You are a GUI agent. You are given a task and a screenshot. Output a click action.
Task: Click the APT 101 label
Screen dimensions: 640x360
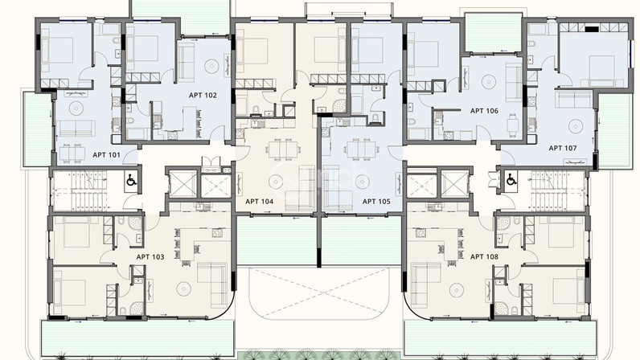pos(106,155)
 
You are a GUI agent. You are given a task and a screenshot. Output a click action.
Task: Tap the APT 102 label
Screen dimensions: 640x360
pos(203,95)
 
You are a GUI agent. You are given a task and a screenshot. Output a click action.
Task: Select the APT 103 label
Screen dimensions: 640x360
pos(150,256)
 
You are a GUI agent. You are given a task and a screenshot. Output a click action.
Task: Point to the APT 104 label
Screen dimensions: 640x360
pos(259,201)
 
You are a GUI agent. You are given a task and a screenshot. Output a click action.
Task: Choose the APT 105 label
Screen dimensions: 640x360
pos(376,201)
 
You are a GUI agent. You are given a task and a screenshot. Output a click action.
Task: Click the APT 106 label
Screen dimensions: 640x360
pos(484,111)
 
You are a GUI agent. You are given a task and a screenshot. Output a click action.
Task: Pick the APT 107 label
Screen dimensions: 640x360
pos(563,148)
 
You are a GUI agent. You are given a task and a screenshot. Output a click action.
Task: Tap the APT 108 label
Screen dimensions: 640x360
pos(484,256)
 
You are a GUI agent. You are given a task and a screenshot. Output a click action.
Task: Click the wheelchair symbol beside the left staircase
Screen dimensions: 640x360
pos(131,180)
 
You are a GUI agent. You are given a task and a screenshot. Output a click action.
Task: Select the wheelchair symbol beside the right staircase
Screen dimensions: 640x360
pos(511,178)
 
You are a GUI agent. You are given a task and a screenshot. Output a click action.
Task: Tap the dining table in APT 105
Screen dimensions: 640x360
pos(359,149)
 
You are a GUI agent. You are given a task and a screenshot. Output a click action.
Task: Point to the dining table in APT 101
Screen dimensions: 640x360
pos(72,153)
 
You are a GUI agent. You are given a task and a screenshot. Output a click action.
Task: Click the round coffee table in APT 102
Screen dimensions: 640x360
pos(211,65)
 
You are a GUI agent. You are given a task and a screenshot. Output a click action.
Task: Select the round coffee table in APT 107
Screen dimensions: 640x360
pos(575,126)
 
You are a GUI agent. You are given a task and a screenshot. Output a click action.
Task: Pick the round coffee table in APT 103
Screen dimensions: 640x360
pos(183,289)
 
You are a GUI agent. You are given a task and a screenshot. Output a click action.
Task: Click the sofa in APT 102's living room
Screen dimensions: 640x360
pos(186,63)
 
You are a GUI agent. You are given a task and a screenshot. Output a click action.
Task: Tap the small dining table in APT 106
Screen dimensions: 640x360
pos(513,122)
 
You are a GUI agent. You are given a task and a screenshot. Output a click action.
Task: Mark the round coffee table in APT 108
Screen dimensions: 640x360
pos(457,289)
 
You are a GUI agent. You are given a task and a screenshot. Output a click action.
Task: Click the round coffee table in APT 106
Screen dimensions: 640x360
pos(489,82)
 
